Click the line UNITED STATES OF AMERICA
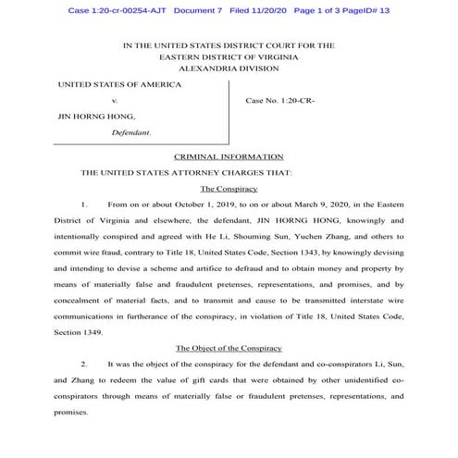(x=119, y=84)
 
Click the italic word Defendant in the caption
(x=130, y=132)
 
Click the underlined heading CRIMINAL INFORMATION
(x=228, y=156)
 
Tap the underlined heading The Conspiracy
(x=228, y=188)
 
